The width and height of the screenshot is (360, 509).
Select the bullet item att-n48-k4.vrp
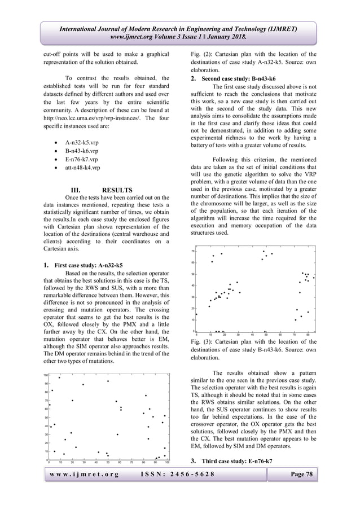point(84,168)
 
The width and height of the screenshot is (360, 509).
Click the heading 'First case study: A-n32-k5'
point(88,264)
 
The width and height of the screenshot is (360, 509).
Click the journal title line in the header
point(181,29)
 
